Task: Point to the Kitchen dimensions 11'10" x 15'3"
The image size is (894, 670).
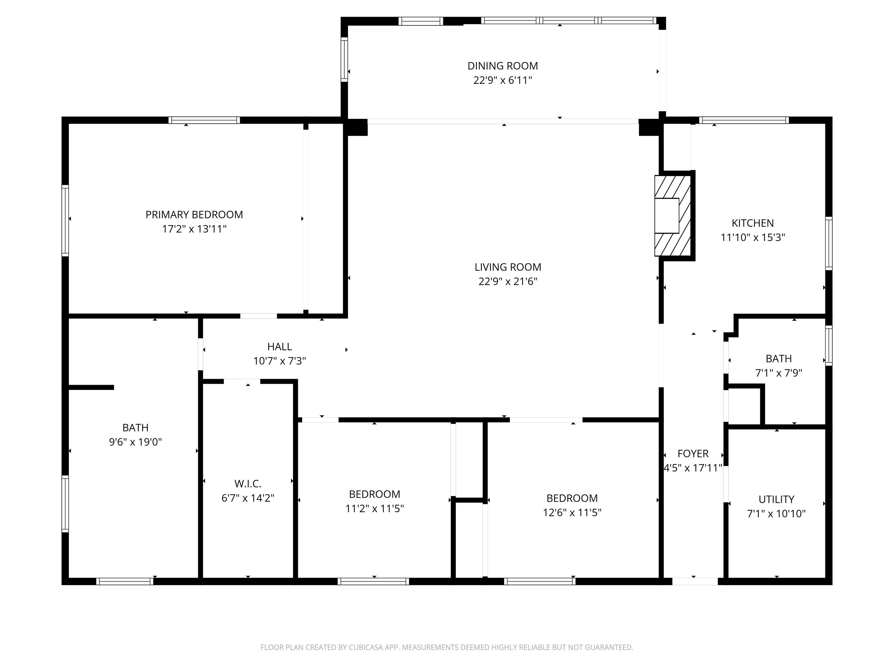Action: (753, 238)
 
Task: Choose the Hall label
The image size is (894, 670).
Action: (279, 347)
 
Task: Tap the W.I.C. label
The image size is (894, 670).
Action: (248, 483)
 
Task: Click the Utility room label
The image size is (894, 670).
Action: (776, 499)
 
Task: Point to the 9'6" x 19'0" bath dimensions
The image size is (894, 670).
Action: (135, 442)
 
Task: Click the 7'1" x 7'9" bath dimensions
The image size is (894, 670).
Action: (778, 373)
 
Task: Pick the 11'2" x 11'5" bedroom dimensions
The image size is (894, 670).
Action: (374, 508)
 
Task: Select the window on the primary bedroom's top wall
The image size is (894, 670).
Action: (204, 120)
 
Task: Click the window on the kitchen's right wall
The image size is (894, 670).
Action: (829, 243)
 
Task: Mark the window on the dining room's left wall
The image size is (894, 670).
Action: (344, 59)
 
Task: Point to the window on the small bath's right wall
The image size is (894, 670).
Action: (829, 345)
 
